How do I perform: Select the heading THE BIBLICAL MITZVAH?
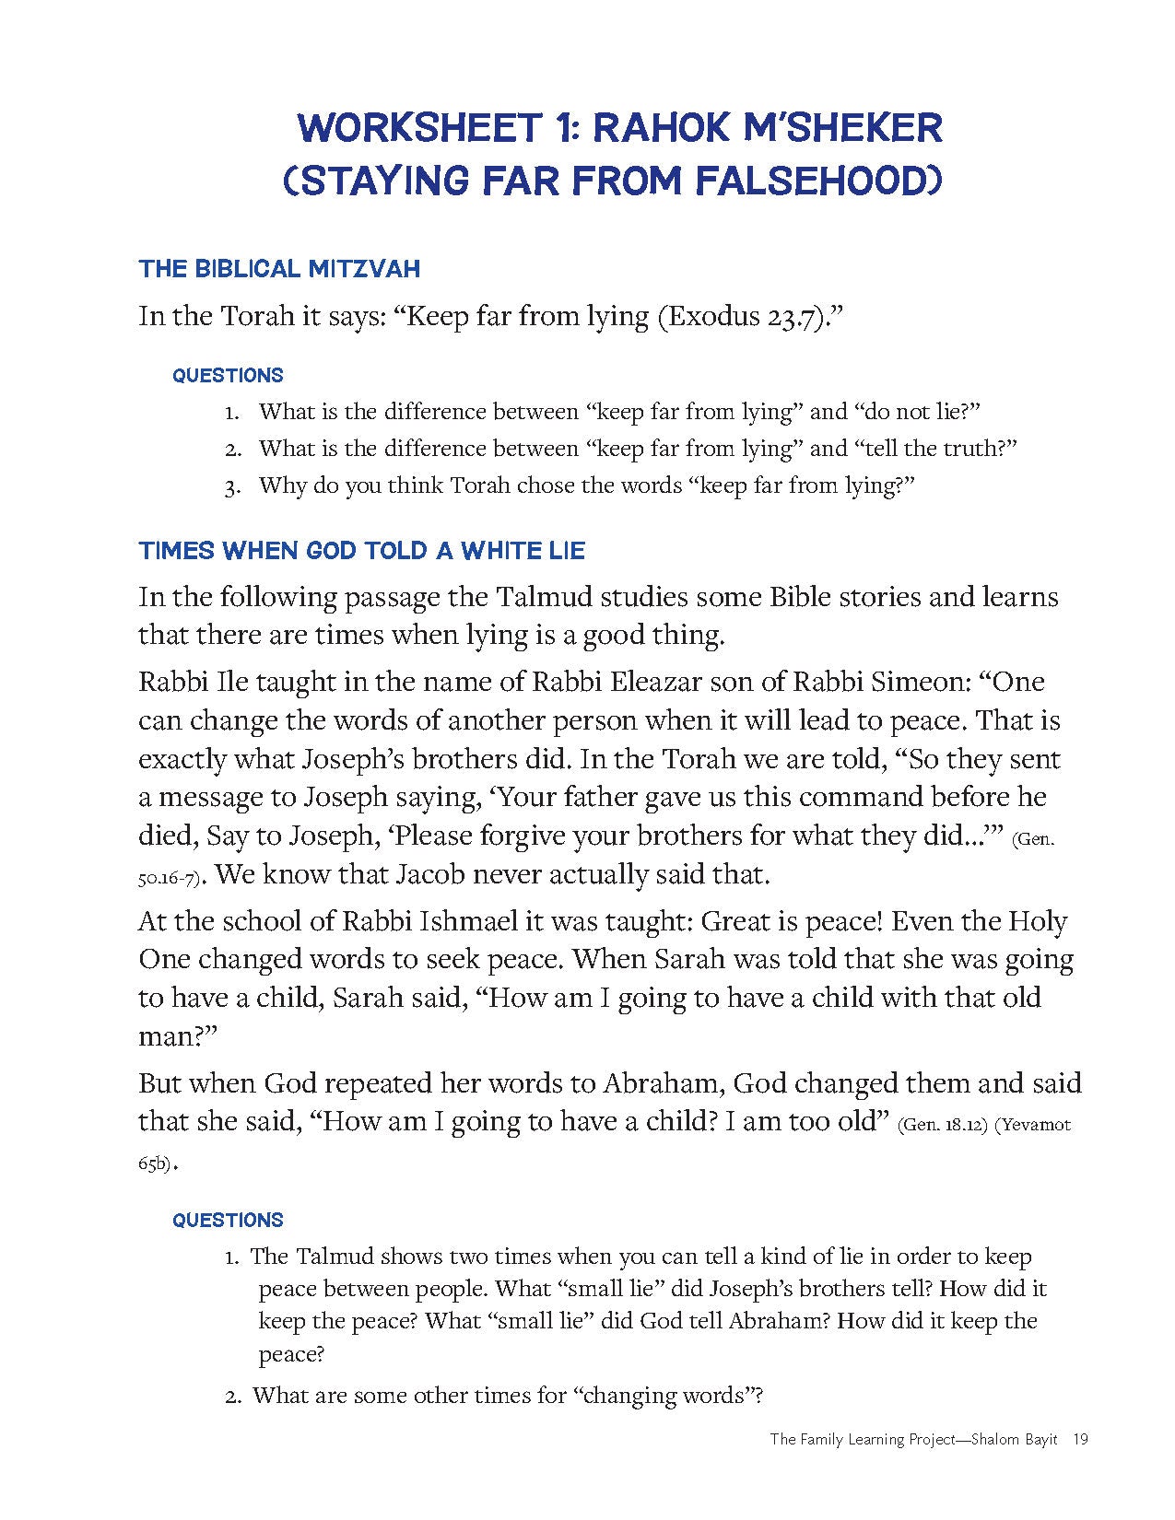tap(279, 269)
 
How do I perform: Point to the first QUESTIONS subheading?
tap(228, 375)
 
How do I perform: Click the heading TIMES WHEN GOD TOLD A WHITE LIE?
tap(361, 551)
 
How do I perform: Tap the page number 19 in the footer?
tap(1081, 1438)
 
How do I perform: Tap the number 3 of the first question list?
tap(232, 487)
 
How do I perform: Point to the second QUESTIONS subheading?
tap(228, 1220)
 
